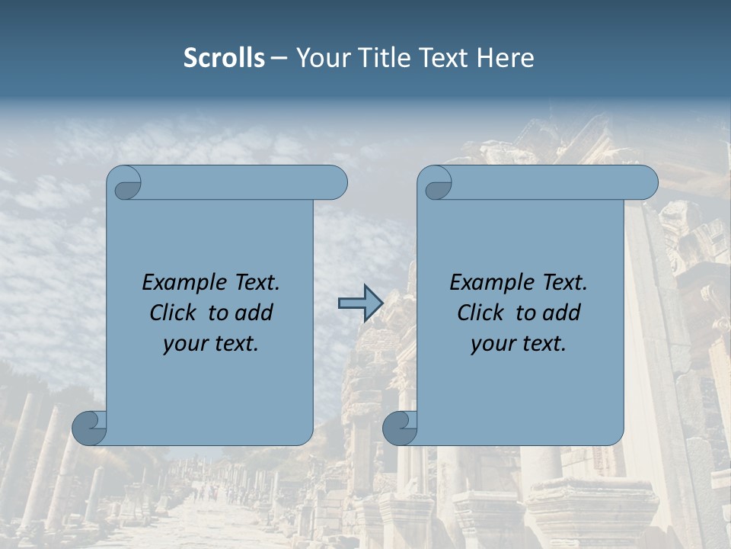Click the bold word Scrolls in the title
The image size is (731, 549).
click(224, 57)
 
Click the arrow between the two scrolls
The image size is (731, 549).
click(360, 304)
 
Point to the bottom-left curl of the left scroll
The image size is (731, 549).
click(90, 428)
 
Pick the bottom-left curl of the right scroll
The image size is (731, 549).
click(401, 428)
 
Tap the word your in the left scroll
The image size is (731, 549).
click(184, 344)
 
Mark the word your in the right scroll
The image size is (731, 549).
click(492, 344)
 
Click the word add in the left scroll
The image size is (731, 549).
click(255, 313)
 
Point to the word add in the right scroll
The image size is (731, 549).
click(563, 313)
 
